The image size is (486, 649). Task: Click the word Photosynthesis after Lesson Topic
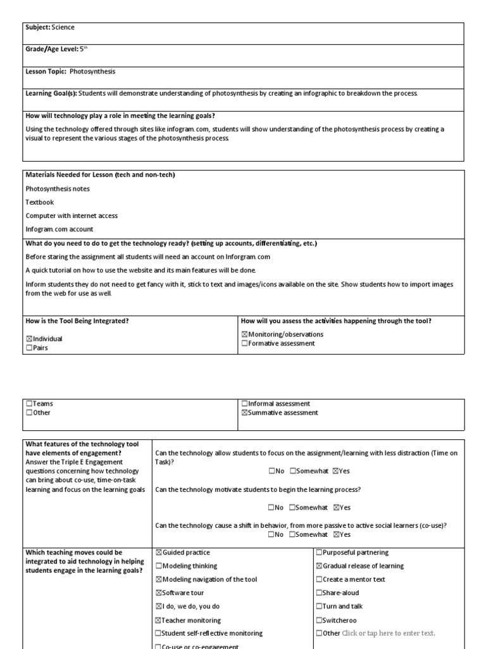[x=92, y=72]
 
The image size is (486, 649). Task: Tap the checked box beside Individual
[x=28, y=339]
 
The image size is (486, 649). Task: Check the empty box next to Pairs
[x=28, y=348]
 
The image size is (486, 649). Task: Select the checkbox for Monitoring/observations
[x=244, y=334]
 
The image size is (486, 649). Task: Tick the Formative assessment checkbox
[x=244, y=344]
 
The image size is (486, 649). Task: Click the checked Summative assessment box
[x=244, y=413]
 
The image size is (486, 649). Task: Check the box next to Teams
[x=28, y=404]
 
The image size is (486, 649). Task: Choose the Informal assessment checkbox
[x=244, y=404]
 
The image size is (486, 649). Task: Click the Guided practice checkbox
[x=159, y=553]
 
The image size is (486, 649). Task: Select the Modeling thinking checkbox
[x=159, y=566]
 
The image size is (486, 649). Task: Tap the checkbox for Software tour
[x=159, y=593]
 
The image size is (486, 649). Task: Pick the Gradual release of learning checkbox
[x=318, y=566]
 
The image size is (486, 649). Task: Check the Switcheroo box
[x=318, y=620]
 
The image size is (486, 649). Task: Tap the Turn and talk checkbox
[x=318, y=607]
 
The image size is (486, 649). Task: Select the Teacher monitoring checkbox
[x=159, y=620]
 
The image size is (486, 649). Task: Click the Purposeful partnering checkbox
[x=318, y=553]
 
